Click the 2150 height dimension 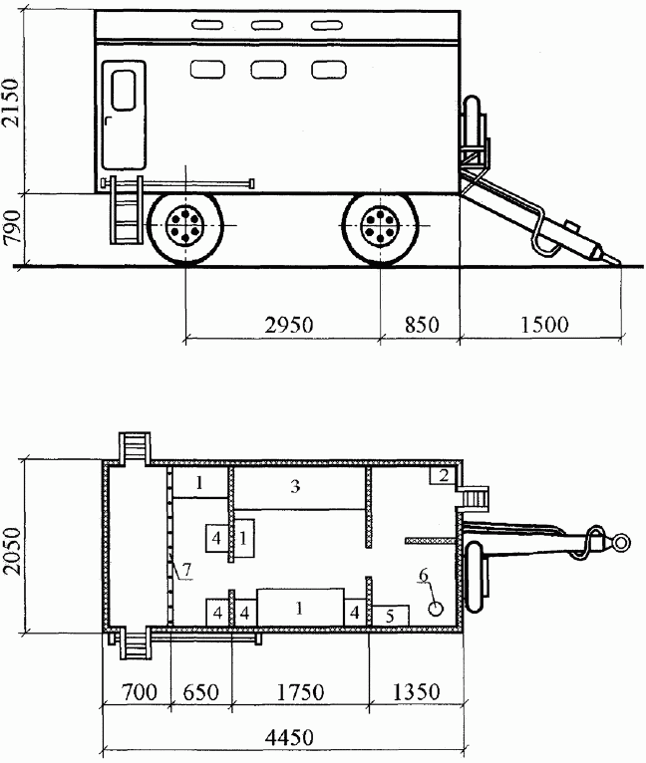11,103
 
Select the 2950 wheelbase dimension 289,325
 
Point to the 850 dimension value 422,325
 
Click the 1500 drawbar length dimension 544,325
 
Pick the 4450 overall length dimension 289,738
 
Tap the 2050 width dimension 12,551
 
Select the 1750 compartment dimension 300,692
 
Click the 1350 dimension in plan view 416,692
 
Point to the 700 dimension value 139,692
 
